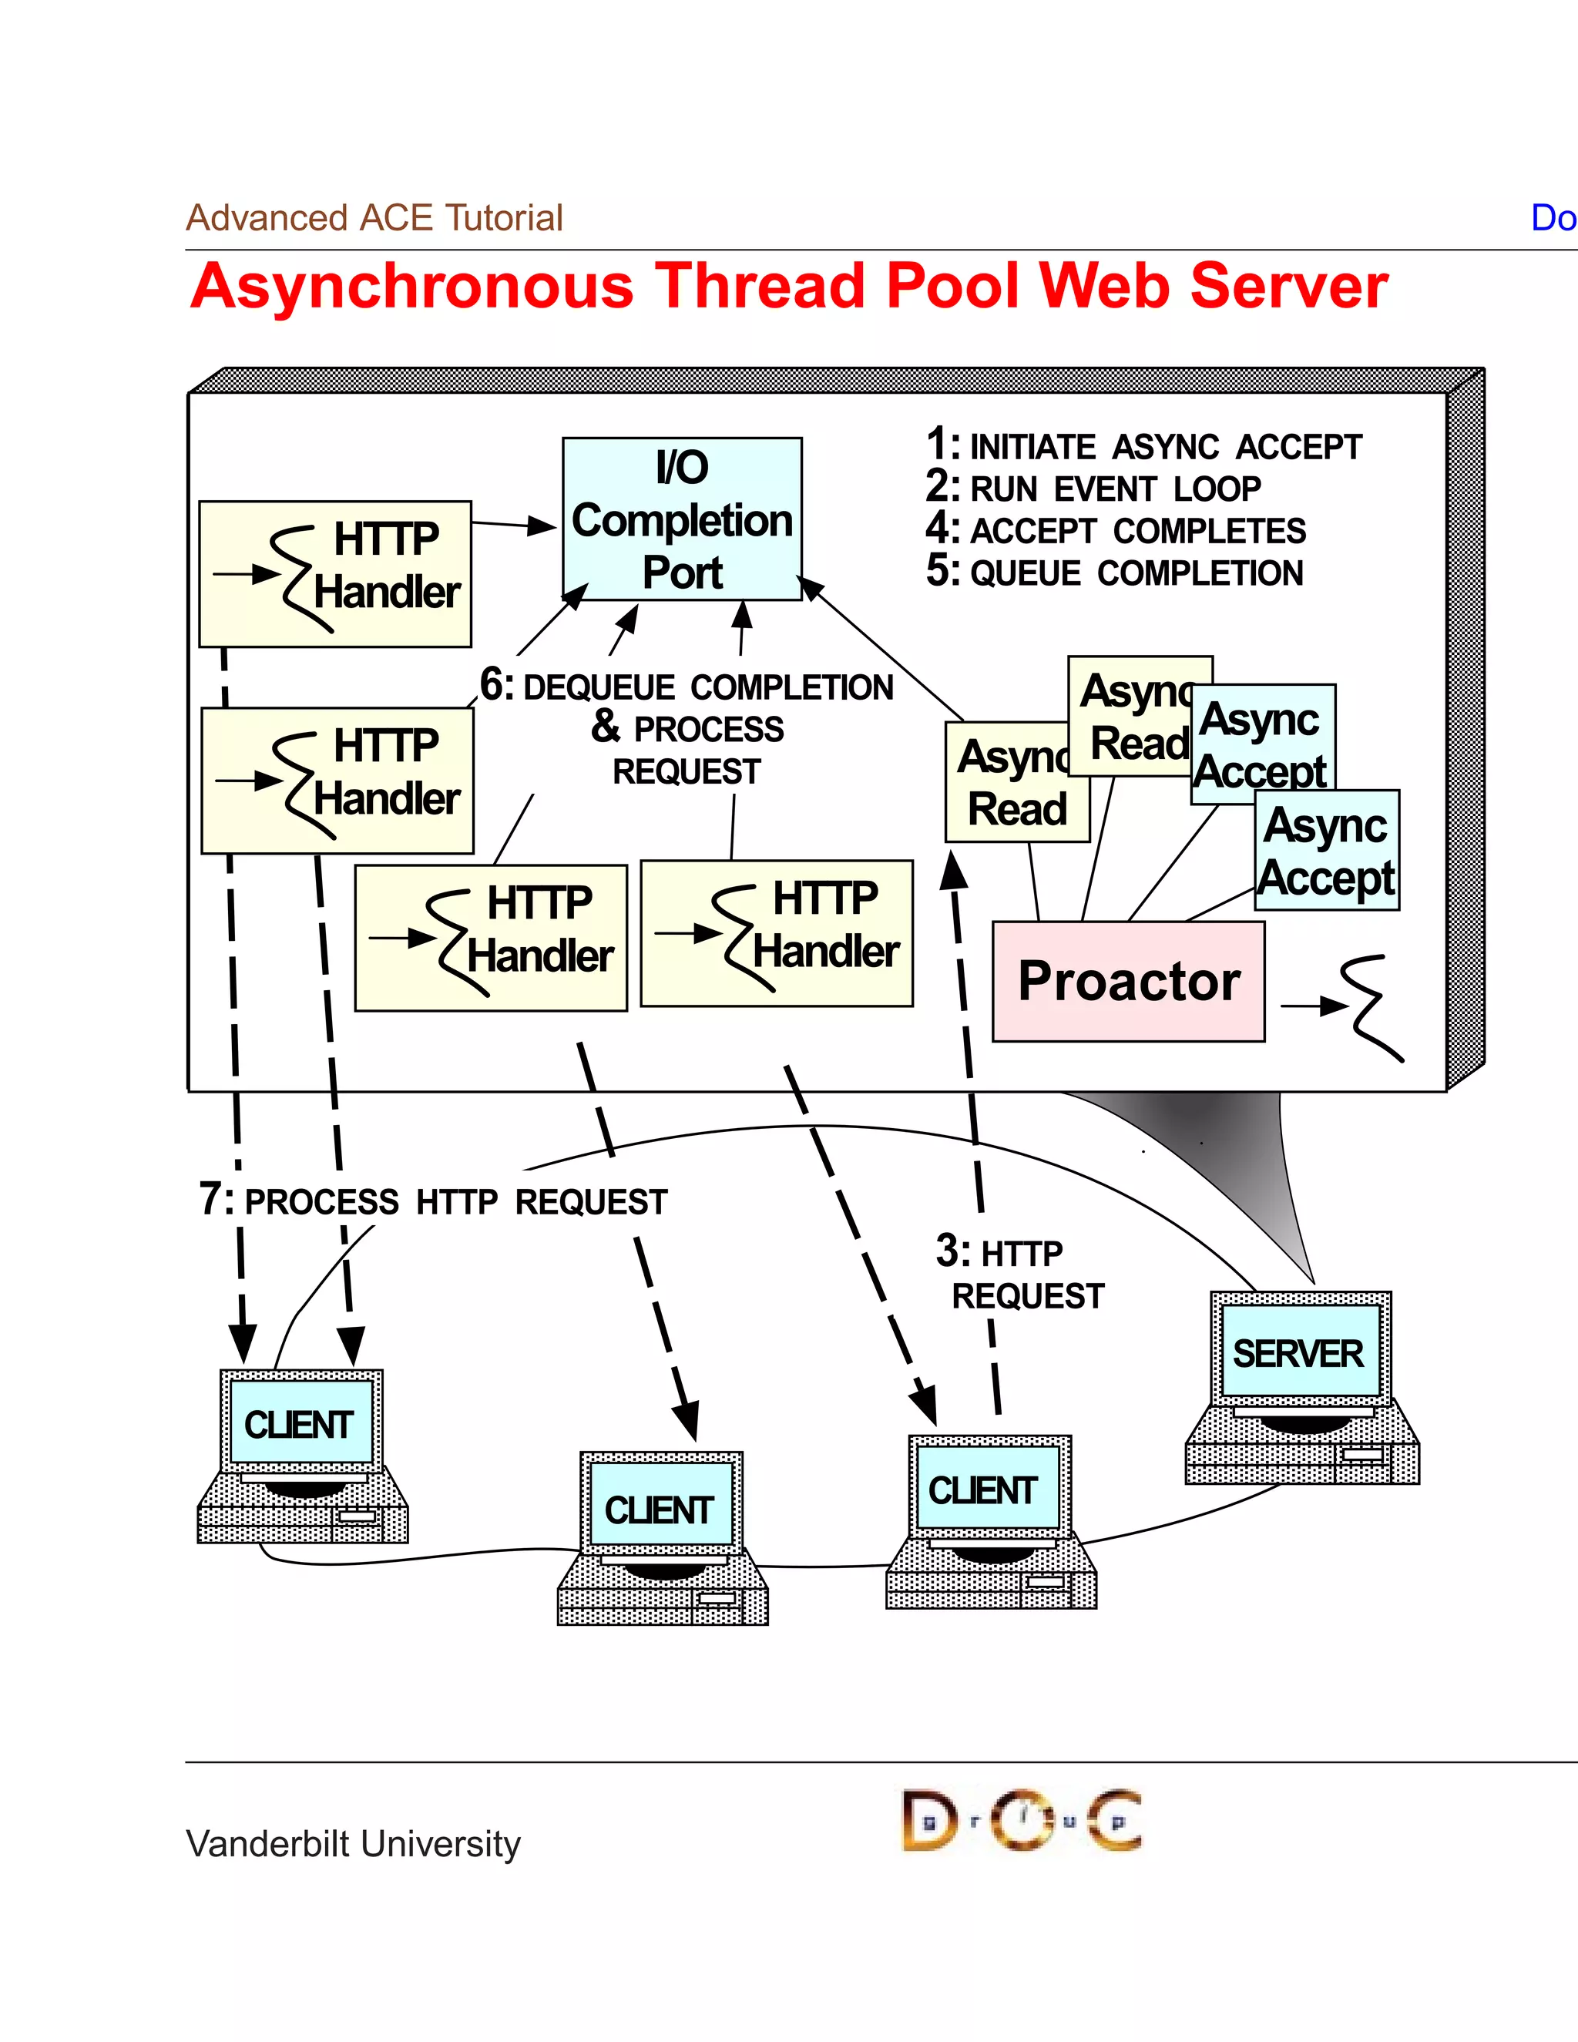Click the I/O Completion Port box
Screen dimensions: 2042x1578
[681, 519]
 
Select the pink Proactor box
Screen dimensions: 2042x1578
[1128, 981]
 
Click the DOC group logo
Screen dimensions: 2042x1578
[1021, 1820]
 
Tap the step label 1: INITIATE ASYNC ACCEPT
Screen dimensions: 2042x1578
[1144, 446]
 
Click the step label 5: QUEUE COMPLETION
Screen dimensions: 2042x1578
[1114, 573]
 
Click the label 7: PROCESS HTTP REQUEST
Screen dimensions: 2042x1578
[433, 1201]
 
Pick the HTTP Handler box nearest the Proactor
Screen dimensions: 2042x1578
[776, 933]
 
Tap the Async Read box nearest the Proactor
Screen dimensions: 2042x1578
[1016, 784]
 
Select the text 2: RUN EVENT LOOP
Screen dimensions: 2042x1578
[1094, 488]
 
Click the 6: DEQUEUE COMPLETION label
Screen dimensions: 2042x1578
[687, 687]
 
